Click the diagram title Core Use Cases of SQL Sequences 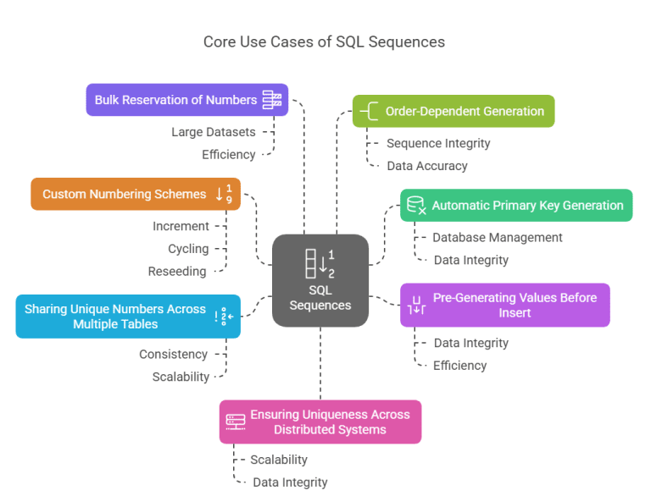coord(324,41)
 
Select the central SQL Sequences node coord(320,280)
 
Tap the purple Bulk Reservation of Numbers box coord(186,100)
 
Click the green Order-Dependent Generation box coord(453,111)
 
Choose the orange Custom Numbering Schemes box coord(136,194)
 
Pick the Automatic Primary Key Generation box coord(516,205)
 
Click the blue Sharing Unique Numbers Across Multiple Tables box coord(127,317)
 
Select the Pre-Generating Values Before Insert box coord(504,305)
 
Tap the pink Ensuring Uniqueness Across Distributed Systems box coord(320,422)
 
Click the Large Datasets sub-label coord(213,132)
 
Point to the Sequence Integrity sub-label coord(438,143)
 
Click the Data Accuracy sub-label coord(427,166)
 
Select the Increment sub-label coord(181,226)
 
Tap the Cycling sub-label coord(188,249)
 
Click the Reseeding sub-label coord(177,272)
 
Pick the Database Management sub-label coord(497,238)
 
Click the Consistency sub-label coord(173,354)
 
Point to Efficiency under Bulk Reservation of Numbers coord(228,154)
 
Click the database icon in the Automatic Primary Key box coord(416,205)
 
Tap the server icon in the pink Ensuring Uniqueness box coord(235,422)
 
